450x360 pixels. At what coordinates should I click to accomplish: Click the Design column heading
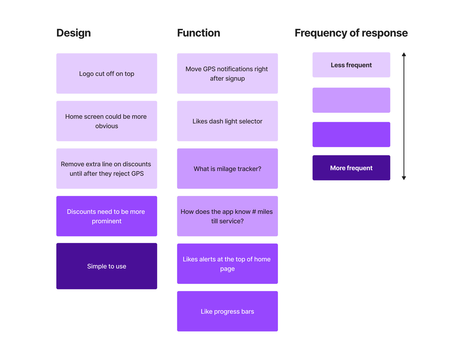coord(73,33)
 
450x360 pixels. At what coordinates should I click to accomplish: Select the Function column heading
coord(198,33)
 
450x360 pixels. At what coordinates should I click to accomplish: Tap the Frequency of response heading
coord(351,33)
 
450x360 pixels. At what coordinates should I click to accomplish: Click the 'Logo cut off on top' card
coord(107,73)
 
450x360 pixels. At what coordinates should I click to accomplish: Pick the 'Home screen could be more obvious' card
coord(107,121)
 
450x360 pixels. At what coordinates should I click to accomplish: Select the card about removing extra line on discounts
coord(107,169)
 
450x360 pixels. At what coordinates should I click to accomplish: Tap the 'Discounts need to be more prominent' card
coord(107,216)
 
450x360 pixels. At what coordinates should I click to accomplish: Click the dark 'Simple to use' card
coord(107,266)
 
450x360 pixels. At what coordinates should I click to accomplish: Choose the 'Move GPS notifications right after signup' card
coord(227,73)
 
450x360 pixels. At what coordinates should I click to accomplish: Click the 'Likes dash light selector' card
coord(227,121)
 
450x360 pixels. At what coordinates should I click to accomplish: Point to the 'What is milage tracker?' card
coord(227,169)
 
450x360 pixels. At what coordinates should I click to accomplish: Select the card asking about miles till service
coord(227,216)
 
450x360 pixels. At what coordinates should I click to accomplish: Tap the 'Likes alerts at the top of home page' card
coord(227,264)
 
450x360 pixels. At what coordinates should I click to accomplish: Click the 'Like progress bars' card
coord(227,311)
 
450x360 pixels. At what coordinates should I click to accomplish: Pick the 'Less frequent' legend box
coord(351,65)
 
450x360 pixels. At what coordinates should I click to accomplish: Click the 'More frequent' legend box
coord(351,168)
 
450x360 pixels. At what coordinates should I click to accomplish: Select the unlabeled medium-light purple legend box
coord(351,100)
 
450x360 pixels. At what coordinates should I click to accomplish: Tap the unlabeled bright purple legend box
coord(351,135)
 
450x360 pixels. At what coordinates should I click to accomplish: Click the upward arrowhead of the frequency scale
coord(404,54)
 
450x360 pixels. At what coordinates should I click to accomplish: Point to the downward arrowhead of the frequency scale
coord(404,178)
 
